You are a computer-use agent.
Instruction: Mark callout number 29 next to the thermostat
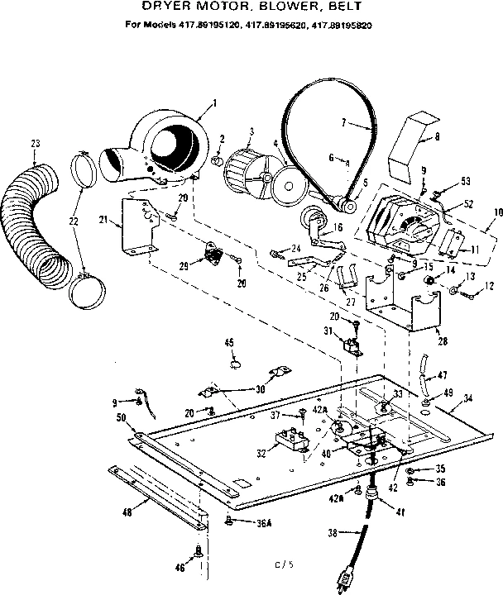point(184,264)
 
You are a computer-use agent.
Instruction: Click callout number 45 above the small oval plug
point(229,342)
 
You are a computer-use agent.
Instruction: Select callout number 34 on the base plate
point(468,398)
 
